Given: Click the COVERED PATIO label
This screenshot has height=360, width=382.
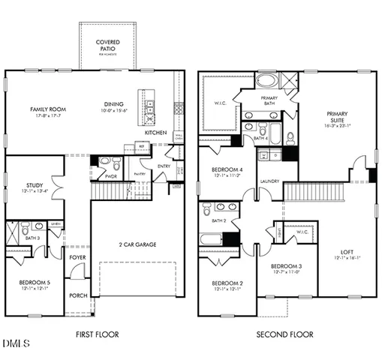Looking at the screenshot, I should tap(109, 45).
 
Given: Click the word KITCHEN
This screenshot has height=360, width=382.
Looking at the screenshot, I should tap(156, 132).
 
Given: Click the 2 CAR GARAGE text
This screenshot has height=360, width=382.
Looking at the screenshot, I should tap(137, 245).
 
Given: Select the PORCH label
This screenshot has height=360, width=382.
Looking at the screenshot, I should tap(78, 295).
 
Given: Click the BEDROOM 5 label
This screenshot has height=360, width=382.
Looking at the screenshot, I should tap(35, 282).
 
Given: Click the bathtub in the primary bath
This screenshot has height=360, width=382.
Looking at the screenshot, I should tap(266, 81).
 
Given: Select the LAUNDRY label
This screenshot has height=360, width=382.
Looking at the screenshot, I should tap(269, 181).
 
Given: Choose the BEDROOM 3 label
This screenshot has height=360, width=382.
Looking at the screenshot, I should tap(286, 266).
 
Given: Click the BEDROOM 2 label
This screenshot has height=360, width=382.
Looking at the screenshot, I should tap(221, 283).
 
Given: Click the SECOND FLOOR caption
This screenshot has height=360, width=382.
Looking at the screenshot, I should tap(285, 334).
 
